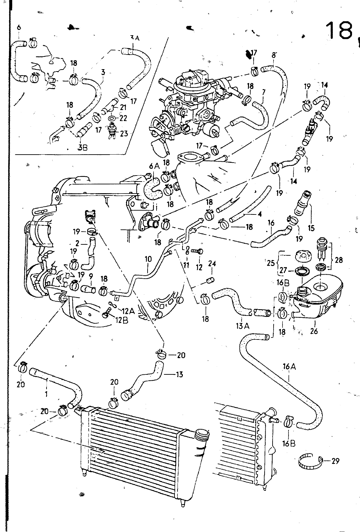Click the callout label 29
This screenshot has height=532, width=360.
click(335, 461)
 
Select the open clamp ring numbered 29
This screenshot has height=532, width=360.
click(310, 461)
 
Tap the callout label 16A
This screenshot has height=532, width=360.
click(289, 367)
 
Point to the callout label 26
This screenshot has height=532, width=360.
click(314, 331)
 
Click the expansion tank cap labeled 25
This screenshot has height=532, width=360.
click(303, 257)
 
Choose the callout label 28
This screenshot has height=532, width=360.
click(338, 260)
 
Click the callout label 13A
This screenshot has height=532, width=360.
click(242, 326)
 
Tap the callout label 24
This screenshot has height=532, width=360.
click(212, 264)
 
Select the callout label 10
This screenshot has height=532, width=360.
click(148, 259)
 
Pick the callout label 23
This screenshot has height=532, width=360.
click(124, 133)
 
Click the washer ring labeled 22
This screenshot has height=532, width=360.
click(112, 118)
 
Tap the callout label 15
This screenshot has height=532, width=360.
click(311, 228)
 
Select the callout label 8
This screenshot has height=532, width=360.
click(274, 55)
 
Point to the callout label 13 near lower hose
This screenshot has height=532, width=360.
click(180, 375)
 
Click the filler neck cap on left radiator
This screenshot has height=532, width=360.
click(202, 434)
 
